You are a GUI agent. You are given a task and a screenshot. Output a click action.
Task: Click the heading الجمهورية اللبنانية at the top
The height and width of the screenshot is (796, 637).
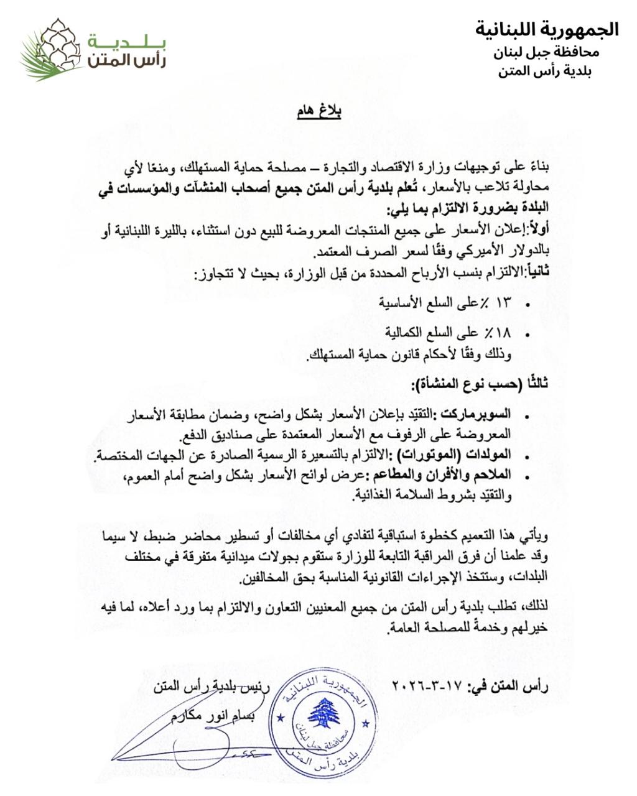tap(547, 29)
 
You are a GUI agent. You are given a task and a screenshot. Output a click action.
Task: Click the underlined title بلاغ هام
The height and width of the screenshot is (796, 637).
tap(318, 112)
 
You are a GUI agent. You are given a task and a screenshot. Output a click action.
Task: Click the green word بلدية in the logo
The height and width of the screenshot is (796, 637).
tap(127, 42)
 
